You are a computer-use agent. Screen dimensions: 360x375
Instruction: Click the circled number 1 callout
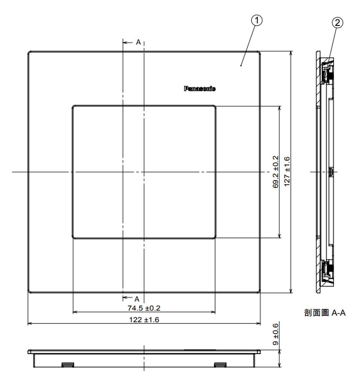257,20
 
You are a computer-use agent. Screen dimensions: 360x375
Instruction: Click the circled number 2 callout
337,23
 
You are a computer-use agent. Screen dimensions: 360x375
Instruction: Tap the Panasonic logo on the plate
199,88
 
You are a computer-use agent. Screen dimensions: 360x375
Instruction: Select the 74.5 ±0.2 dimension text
144,308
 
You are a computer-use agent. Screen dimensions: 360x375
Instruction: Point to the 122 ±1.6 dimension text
144,320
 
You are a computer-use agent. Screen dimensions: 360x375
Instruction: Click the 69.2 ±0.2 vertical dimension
276,172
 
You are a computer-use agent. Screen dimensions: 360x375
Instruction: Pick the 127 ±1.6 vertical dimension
287,172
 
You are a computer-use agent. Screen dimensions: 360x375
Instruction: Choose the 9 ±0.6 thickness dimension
276,334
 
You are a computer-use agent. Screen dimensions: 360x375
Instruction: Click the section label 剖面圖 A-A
325,312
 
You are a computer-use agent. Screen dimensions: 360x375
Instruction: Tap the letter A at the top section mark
138,42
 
